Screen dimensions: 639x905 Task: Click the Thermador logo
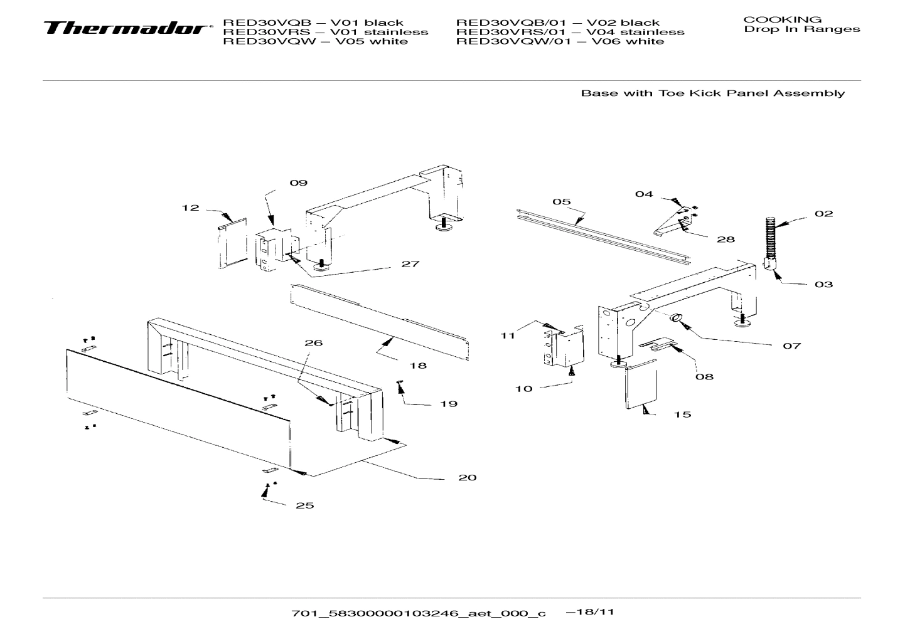pyautogui.click(x=126, y=29)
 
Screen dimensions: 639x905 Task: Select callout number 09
pyautogui.click(x=298, y=183)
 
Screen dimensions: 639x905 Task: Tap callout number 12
pyautogui.click(x=191, y=208)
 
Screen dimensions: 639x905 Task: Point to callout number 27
pyautogui.click(x=410, y=264)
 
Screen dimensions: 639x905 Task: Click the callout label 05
pyautogui.click(x=561, y=201)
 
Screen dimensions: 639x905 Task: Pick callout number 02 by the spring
pyautogui.click(x=823, y=214)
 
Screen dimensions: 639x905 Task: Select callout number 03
pyautogui.click(x=823, y=285)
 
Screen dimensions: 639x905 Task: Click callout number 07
pyautogui.click(x=791, y=346)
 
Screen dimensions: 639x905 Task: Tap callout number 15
pyautogui.click(x=682, y=415)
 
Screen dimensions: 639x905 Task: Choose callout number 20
pyautogui.click(x=467, y=478)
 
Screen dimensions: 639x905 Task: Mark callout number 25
pyautogui.click(x=304, y=505)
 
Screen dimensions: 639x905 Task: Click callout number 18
pyautogui.click(x=417, y=366)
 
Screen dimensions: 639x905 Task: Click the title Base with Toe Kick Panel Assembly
pyautogui.click(x=712, y=93)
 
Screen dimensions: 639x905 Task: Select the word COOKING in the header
pyautogui.click(x=782, y=19)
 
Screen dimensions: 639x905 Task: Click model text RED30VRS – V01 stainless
pyautogui.click(x=326, y=32)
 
